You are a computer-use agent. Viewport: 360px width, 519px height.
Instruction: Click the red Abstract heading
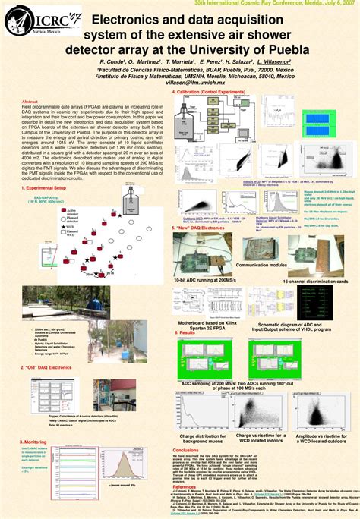click(30, 101)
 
